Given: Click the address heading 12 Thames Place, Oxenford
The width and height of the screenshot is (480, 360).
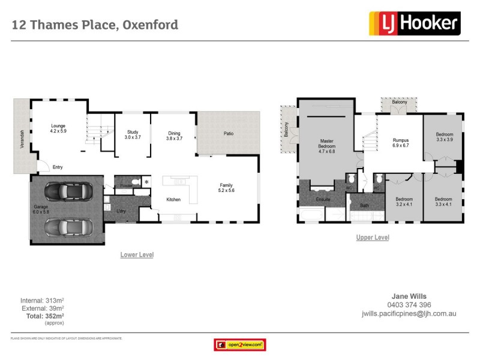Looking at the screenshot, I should coord(95,25).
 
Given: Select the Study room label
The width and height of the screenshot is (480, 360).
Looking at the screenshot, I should coord(132,135).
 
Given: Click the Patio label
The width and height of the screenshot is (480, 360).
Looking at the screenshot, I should coord(228,134).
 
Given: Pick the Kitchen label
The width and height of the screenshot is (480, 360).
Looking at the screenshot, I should coord(173,200).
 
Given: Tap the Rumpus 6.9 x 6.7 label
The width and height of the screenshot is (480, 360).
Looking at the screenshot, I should coord(400,142).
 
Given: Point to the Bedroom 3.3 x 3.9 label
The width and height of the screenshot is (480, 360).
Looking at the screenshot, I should coord(444,136).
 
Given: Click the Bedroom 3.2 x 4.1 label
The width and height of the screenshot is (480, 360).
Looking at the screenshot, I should coord(403,202).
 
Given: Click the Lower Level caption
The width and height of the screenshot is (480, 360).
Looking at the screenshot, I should coord(137,255).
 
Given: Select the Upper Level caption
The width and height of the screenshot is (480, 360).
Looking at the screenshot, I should coord(372,238).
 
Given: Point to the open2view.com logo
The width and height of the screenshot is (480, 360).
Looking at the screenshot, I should coord(239,345).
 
